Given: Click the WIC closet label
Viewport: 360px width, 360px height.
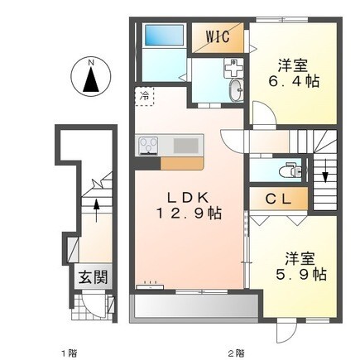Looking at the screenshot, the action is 218,36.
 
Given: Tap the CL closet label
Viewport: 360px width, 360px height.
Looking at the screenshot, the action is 278,199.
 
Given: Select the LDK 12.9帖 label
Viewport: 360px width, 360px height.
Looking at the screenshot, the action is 189,205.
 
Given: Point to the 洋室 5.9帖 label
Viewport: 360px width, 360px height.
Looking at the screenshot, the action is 300,266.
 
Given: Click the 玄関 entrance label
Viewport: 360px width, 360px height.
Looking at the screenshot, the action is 93,276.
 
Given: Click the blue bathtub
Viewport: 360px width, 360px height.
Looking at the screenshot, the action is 165,35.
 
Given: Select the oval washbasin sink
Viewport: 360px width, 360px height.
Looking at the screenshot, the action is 237,90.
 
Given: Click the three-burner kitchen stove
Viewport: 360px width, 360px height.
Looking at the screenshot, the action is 148,146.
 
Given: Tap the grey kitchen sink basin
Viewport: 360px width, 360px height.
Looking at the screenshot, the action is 185,146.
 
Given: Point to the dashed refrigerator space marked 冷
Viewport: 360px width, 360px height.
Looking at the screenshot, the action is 144,96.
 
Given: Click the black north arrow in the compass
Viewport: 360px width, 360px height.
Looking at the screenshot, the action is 91,79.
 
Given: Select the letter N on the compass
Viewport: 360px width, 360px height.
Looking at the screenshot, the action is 90,63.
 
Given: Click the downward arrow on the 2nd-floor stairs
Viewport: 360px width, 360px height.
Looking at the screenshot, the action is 325,170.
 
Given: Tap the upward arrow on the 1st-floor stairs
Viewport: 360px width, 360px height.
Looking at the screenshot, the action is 96,210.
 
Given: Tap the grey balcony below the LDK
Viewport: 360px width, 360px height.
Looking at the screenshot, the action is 195,307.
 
